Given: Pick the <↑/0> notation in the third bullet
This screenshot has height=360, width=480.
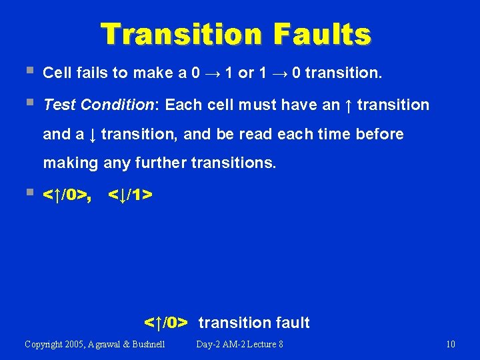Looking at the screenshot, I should click(x=66, y=195).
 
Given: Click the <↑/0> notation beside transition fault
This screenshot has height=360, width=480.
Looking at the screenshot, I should click(x=167, y=323).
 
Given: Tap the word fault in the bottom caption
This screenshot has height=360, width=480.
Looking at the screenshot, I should click(x=292, y=323).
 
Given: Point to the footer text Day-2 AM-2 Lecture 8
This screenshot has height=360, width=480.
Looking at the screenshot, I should click(x=239, y=344).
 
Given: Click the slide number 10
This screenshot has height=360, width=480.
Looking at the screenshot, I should click(x=451, y=344).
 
